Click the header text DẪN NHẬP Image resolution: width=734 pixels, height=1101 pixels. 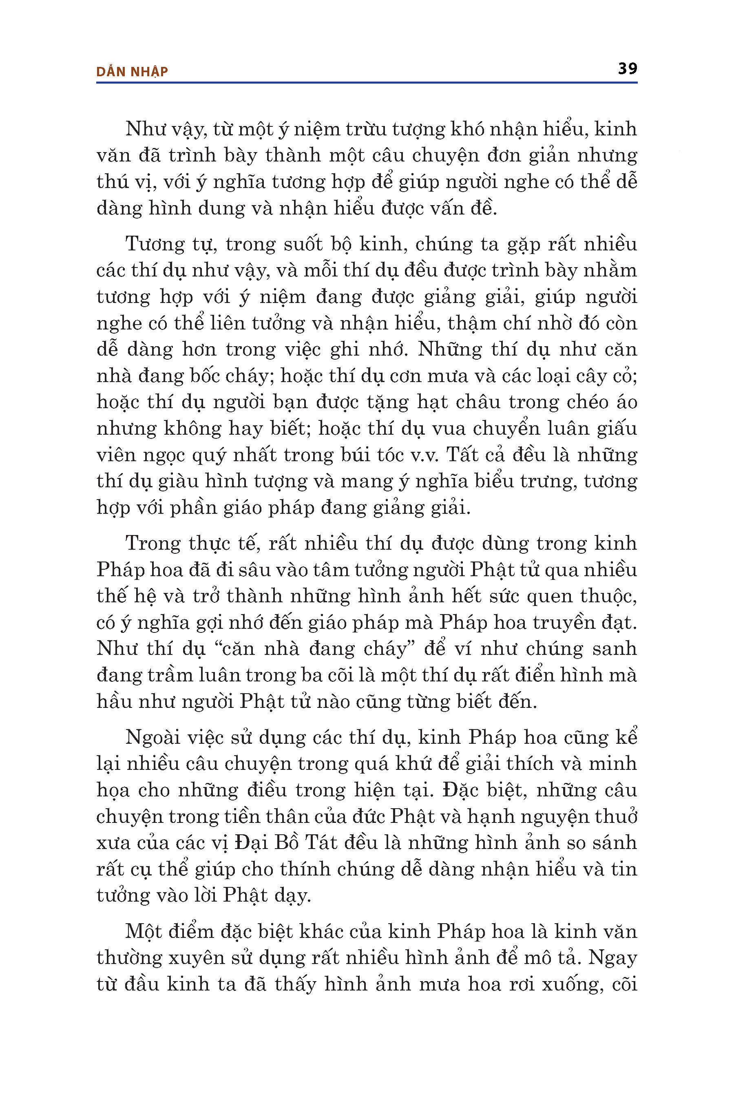coord(132,72)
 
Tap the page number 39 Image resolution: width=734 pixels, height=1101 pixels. coord(627,69)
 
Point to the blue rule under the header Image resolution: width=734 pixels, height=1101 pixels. coord(367,83)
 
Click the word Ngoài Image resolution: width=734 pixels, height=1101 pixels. coord(153,738)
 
